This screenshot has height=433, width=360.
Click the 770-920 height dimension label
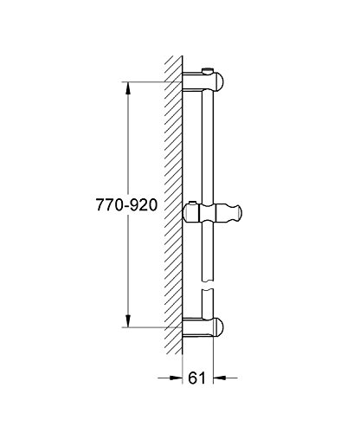pos(126,205)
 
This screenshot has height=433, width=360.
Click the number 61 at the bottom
pos(197,378)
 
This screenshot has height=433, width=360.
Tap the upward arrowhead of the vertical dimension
pos(128,88)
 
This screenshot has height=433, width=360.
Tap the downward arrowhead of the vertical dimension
pos(128,321)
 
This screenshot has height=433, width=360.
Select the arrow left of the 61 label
pos(170,378)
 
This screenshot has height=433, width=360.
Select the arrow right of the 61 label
pos(225,378)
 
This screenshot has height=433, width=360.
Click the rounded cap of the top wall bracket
pos(219,81)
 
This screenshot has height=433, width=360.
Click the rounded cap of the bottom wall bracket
pos(219,327)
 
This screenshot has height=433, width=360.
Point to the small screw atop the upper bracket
pos(207,71)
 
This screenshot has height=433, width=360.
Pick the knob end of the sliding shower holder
pos(235,213)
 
